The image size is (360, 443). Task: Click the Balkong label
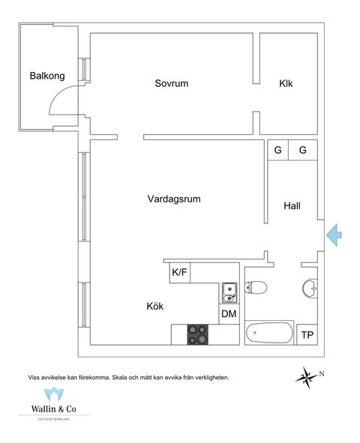coord(47,76)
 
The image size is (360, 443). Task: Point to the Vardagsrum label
coord(174,199)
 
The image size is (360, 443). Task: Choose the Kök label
coord(155,307)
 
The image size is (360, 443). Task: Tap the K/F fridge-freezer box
coord(180,273)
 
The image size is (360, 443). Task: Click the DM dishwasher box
coord(229,315)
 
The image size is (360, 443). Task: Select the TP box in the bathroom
coord(307,334)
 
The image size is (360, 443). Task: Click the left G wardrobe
coord(277,150)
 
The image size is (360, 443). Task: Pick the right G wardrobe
coord(303,150)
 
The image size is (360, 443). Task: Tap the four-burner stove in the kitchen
coord(198,334)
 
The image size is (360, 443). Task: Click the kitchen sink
coord(229,290)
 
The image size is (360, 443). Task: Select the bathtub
coord(268,333)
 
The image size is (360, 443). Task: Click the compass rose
coord(307,375)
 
